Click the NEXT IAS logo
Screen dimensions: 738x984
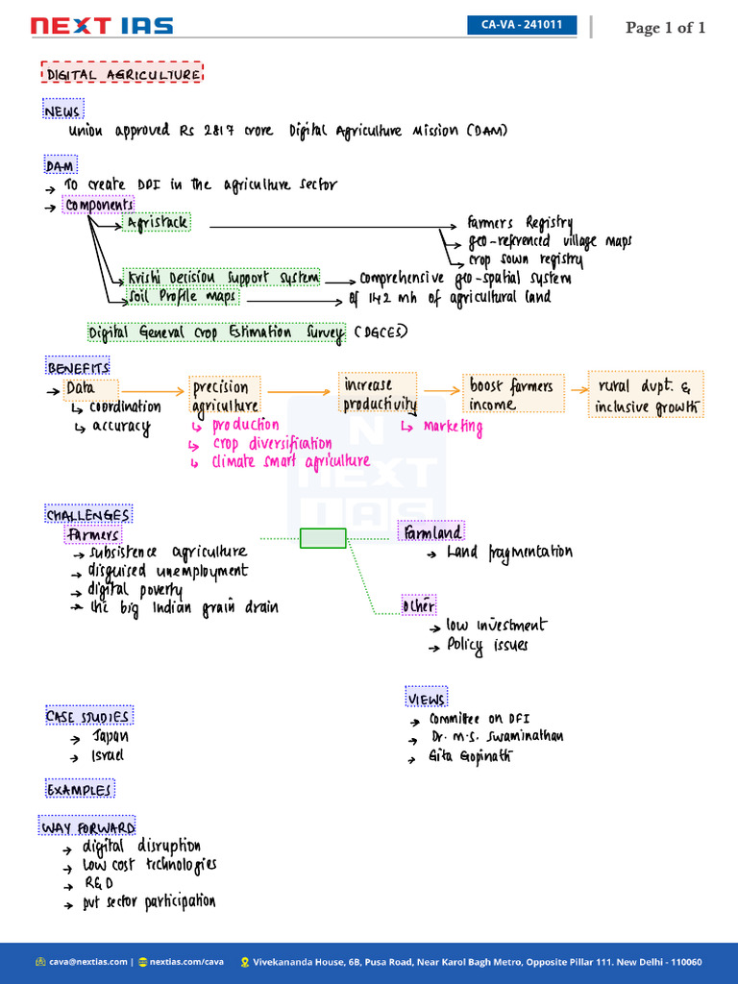(x=102, y=26)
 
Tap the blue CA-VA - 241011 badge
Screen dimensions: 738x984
(x=522, y=25)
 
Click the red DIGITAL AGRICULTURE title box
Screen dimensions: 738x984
(x=122, y=72)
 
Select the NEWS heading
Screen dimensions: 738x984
(x=62, y=109)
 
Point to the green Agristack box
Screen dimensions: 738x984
(x=157, y=222)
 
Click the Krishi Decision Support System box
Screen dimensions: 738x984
(x=221, y=277)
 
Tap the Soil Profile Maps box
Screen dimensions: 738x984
(x=182, y=296)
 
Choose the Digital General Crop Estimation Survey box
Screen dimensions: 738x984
(x=216, y=332)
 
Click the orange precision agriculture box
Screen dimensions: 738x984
(x=225, y=395)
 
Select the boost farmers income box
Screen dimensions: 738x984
(x=513, y=393)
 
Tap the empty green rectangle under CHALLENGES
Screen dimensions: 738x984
(x=323, y=538)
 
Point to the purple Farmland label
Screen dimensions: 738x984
(x=431, y=530)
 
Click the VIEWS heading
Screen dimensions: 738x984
(x=426, y=697)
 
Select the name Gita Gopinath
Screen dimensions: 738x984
(x=470, y=755)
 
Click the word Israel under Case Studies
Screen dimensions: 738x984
(x=108, y=755)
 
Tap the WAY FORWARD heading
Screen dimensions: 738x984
(x=87, y=825)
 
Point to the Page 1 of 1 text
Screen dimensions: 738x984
(x=665, y=28)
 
